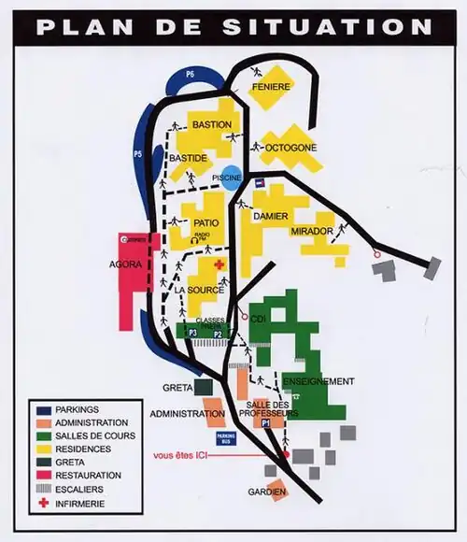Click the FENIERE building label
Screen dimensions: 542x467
point(271,87)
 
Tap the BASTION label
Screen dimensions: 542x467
point(213,125)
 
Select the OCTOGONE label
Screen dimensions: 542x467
point(291,148)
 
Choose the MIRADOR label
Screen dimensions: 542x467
point(311,230)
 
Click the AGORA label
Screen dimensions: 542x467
point(125,264)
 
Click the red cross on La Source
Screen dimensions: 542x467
point(219,265)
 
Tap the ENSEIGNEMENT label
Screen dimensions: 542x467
point(318,381)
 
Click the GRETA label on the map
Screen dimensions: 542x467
point(177,387)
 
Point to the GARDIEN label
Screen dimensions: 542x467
point(266,492)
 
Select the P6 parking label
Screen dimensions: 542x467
point(190,73)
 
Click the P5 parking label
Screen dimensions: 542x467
point(138,152)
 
